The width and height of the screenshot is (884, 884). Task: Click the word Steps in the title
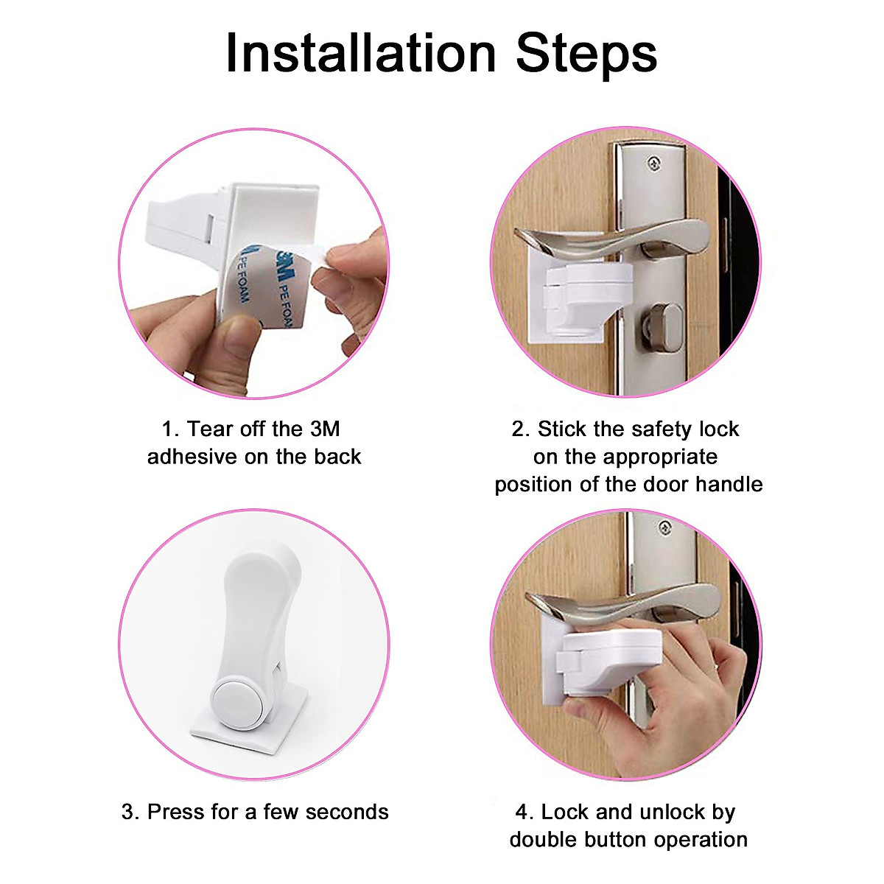(586, 56)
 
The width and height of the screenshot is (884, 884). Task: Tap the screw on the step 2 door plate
(655, 162)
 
